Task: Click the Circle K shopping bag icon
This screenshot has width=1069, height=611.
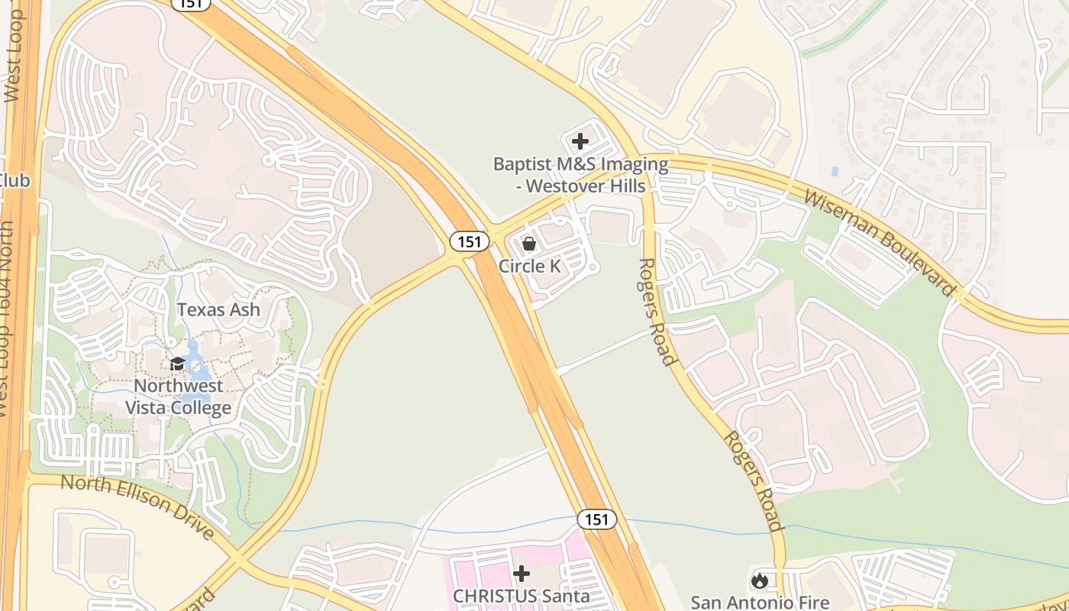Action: pyautogui.click(x=528, y=244)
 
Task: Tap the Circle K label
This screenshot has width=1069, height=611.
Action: pyautogui.click(x=529, y=266)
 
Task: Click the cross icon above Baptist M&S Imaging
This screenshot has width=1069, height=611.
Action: pyautogui.click(x=580, y=141)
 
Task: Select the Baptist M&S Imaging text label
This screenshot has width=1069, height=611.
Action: pyautogui.click(x=580, y=175)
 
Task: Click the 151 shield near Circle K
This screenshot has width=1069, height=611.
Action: pyautogui.click(x=469, y=241)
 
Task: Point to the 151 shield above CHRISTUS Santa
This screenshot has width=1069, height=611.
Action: pyautogui.click(x=596, y=519)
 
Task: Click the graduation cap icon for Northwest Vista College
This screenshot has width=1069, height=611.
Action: pyautogui.click(x=177, y=364)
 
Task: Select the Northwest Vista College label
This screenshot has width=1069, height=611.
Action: pyautogui.click(x=178, y=396)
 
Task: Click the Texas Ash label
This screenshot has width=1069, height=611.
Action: pyautogui.click(x=218, y=309)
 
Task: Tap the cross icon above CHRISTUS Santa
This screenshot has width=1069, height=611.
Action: pyautogui.click(x=522, y=573)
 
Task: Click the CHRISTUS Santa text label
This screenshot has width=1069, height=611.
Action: pyautogui.click(x=522, y=596)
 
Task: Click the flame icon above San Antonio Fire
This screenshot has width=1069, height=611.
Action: pyautogui.click(x=759, y=580)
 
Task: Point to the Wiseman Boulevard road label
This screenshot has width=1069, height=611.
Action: pyautogui.click(x=880, y=242)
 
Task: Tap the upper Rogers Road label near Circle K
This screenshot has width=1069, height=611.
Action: pyautogui.click(x=657, y=312)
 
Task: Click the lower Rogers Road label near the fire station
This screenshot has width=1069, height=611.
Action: pyautogui.click(x=754, y=481)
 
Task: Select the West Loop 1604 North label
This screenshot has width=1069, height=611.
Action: pyautogui.click(x=8, y=321)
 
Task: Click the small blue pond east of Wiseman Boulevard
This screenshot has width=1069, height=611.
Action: pyautogui.click(x=835, y=171)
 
